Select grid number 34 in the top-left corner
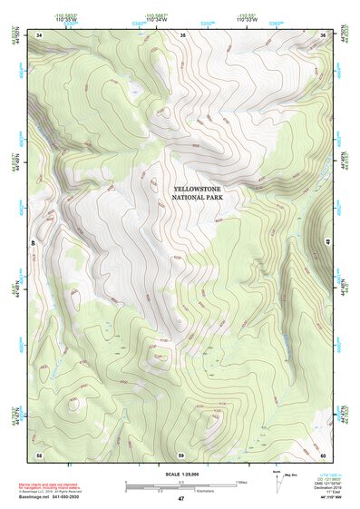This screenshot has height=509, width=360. coord(39,34)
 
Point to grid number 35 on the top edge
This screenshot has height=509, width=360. coord(182,34)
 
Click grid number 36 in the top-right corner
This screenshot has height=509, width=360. coord(324,34)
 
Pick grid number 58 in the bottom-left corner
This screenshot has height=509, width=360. coord(39,454)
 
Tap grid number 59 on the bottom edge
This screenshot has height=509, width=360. coord(181,454)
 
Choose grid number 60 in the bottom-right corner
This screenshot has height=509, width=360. coord(324,454)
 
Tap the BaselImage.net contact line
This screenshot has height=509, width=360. coord(47,497)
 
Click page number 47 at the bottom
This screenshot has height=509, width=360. coord(180,500)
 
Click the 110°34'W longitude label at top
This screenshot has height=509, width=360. coord(155,18)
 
